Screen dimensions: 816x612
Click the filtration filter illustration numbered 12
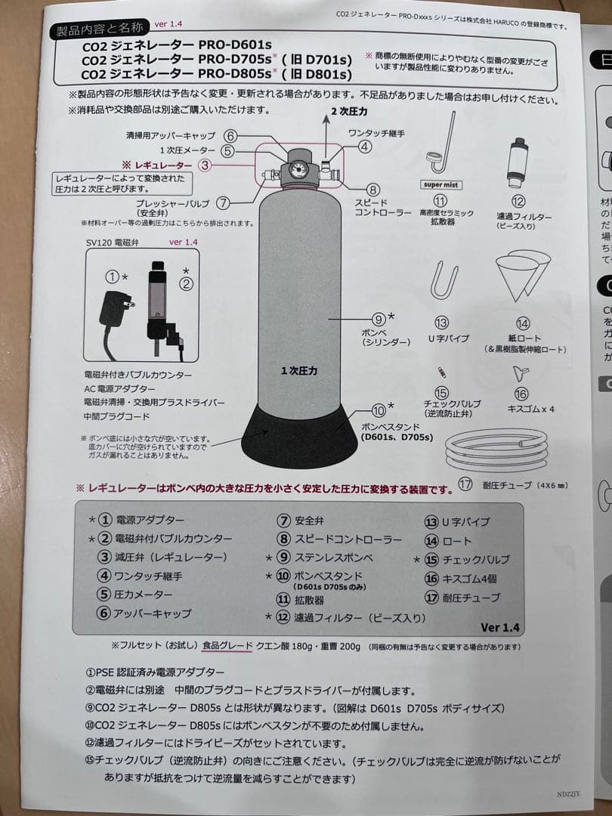[x=519, y=162]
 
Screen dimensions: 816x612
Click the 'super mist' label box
[x=442, y=184]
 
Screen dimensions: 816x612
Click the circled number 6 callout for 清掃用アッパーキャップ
[x=230, y=136]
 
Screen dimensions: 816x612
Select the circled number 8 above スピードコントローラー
[x=372, y=190]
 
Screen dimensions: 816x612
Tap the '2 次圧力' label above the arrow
[x=348, y=112]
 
